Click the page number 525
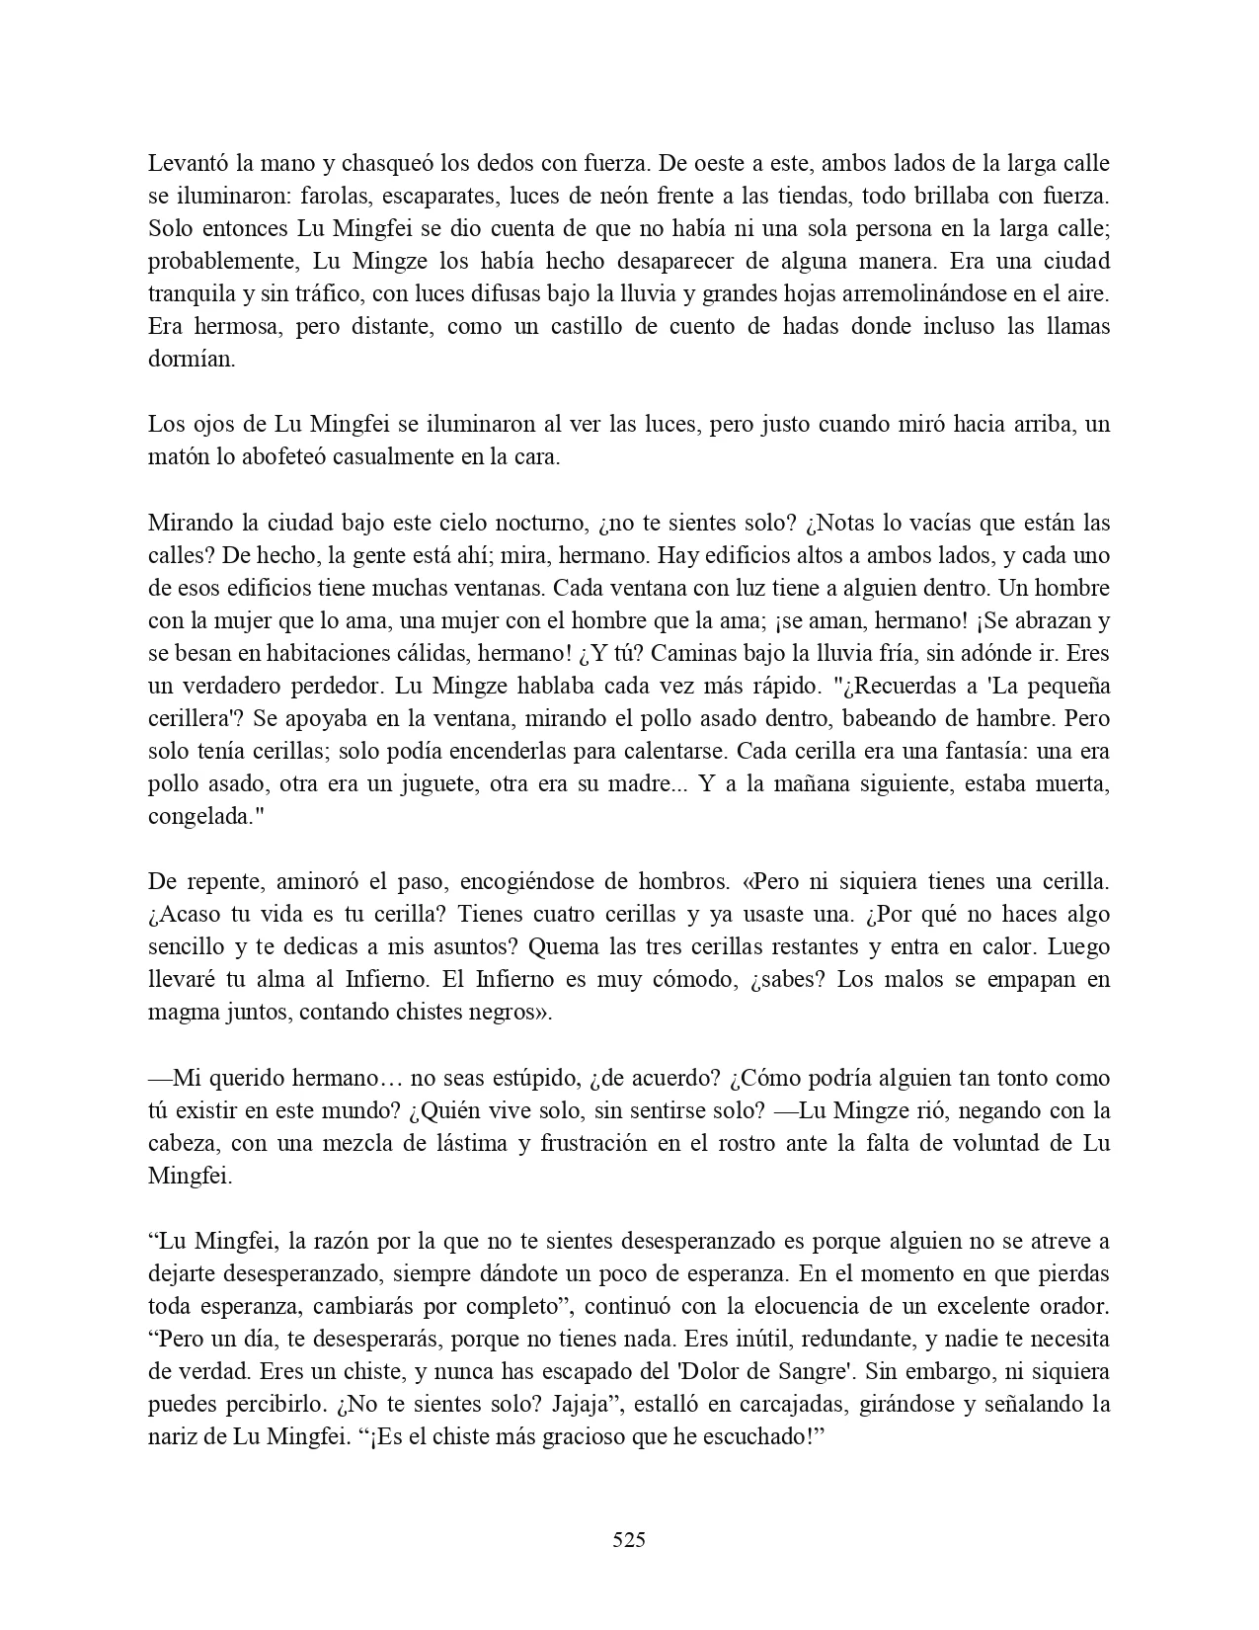(629, 1539)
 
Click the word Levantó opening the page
(187, 163)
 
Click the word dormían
(192, 360)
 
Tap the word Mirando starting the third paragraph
(187, 523)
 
